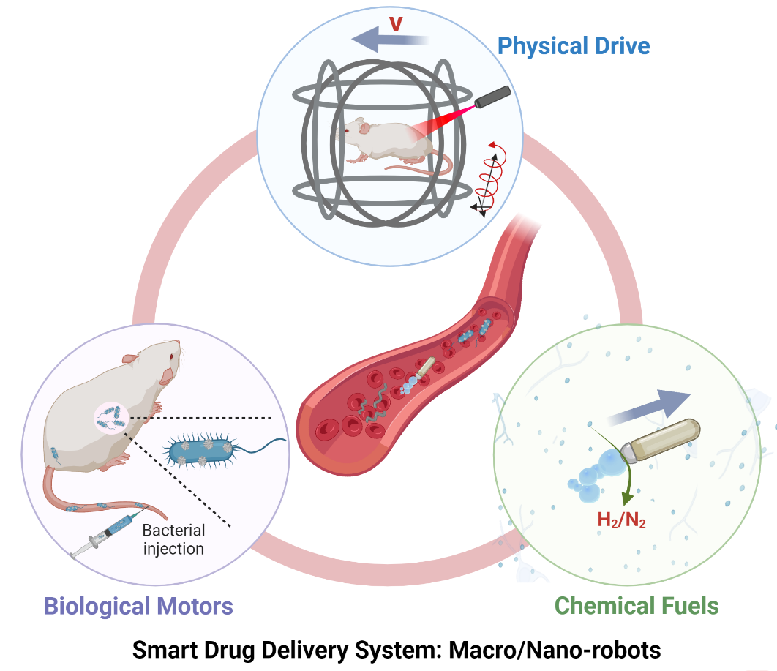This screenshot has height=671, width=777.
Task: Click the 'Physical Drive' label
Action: click(x=574, y=46)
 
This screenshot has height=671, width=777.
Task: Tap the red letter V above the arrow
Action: click(x=395, y=23)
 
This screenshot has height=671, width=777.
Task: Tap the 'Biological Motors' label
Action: click(x=138, y=606)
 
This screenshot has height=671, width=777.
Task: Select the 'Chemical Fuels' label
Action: click(x=637, y=606)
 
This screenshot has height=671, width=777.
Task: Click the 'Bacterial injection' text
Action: click(x=173, y=539)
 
